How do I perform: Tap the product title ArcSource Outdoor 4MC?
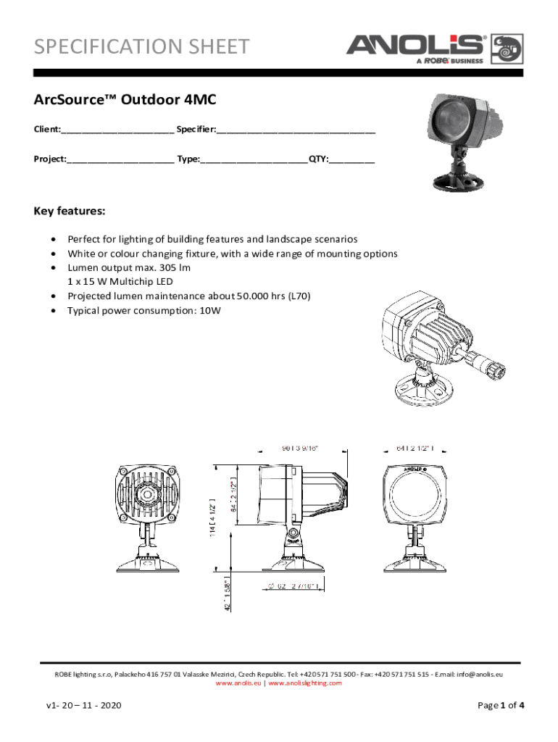[125, 100]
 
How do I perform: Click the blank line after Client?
[117, 130]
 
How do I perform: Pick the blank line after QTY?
[352, 159]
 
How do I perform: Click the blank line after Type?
[254, 159]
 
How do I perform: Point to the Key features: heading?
[70, 212]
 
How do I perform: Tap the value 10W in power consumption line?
[210, 311]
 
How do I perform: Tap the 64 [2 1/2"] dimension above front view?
[416, 447]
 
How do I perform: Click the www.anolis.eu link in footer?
[239, 683]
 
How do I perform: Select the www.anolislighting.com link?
[305, 683]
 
